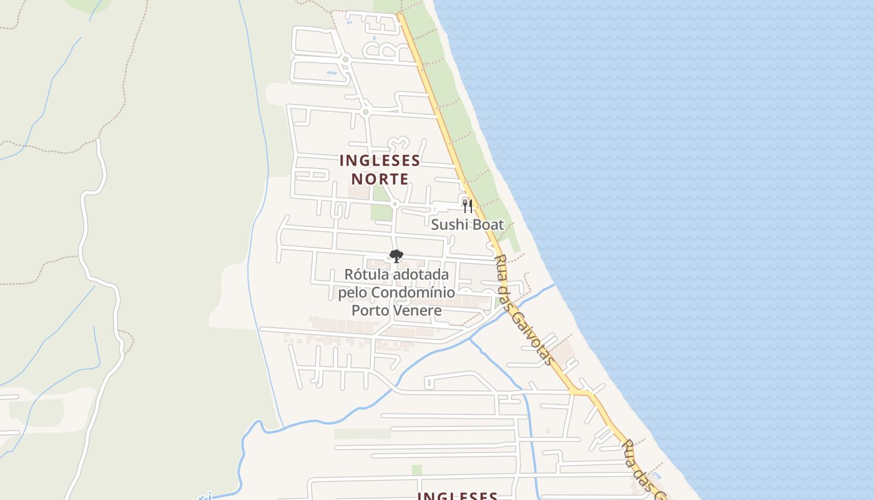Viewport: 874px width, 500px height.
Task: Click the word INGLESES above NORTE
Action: [x=380, y=160]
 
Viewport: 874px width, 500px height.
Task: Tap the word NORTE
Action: [x=380, y=179]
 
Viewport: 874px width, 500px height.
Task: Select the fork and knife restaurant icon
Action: [x=467, y=206]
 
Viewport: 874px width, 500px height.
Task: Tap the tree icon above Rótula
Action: [x=396, y=256]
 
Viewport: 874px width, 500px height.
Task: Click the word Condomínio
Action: [x=415, y=292]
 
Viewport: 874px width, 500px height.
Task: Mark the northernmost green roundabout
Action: [x=345, y=59]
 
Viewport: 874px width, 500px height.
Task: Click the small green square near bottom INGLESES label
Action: [x=416, y=469]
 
